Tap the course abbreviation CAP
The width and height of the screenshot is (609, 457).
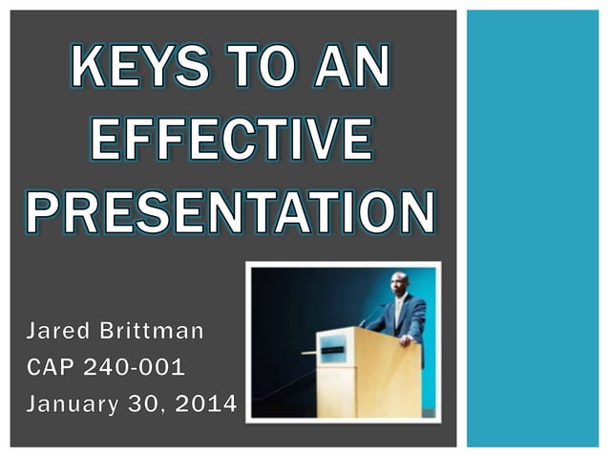tap(47, 367)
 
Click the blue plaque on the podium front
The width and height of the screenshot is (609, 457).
tap(334, 347)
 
